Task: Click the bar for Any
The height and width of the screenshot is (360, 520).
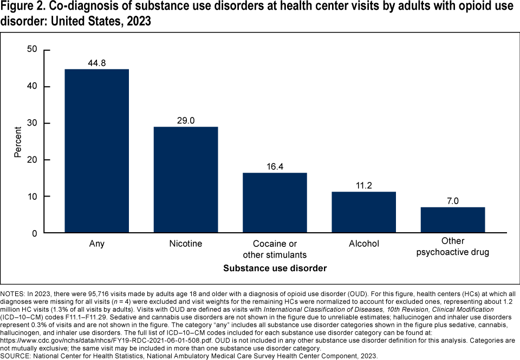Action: click(96, 151)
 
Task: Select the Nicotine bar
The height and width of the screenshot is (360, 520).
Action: click(185, 180)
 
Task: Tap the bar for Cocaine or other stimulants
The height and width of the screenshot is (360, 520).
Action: click(275, 203)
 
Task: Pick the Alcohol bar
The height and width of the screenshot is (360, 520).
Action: click(363, 212)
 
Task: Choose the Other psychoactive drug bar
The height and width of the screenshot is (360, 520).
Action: click(453, 220)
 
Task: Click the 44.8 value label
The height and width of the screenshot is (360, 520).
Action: click(96, 63)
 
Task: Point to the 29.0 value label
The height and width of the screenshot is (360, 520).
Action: click(185, 120)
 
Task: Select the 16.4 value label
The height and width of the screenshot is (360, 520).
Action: click(275, 166)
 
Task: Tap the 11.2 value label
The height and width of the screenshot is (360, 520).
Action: click(363, 185)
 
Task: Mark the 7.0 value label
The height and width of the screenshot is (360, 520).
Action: click(453, 200)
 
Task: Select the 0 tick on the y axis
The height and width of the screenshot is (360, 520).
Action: click(34, 233)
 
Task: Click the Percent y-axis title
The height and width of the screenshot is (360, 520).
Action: click(17, 142)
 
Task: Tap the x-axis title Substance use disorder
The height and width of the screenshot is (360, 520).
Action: click(275, 268)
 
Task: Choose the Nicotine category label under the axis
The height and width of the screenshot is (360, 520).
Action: click(185, 244)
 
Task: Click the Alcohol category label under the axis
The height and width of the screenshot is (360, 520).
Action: click(363, 244)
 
